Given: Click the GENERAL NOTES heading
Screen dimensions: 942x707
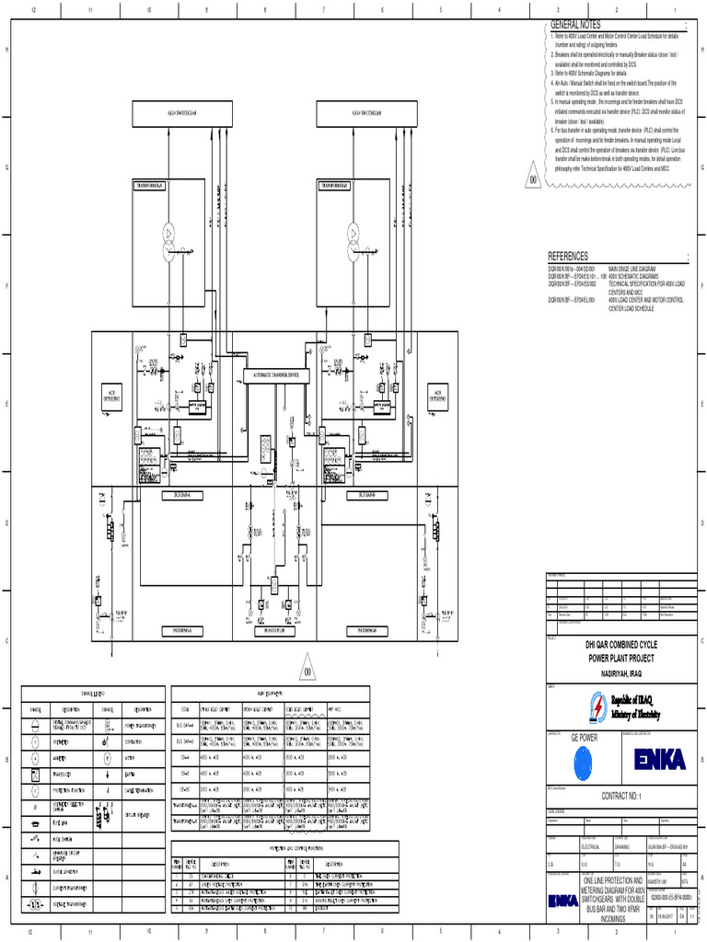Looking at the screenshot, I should tap(574, 23).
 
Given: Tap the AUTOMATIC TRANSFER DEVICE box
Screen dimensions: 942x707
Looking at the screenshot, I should tap(276, 375).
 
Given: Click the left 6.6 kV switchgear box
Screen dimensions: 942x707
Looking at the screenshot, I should tap(171, 113).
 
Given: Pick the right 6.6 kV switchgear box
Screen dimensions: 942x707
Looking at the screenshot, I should tap(355, 113).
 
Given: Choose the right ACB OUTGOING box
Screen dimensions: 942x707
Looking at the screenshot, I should tap(437, 396).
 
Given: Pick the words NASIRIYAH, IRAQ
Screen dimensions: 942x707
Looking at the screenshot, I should tap(625, 674).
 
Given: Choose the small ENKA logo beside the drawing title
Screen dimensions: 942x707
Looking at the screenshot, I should tap(563, 899).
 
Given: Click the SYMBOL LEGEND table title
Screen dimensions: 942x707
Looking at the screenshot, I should tap(92, 692).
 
